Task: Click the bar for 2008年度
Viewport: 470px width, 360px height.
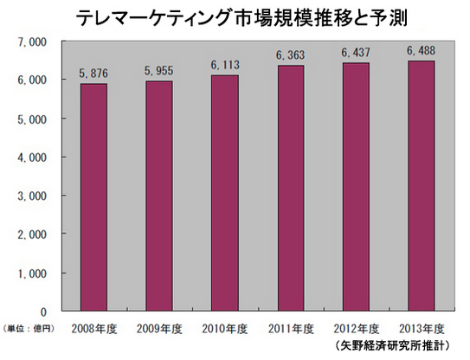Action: point(93,197)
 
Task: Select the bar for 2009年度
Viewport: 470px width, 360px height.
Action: point(159,196)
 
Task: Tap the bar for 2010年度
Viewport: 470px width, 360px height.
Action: point(225,193)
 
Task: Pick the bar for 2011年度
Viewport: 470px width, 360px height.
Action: point(291,188)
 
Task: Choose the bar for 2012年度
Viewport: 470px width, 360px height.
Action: point(356,187)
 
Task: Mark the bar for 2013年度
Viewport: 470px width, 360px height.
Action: point(422,186)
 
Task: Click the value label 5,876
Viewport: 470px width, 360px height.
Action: point(93,74)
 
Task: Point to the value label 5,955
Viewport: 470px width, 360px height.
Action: point(159,71)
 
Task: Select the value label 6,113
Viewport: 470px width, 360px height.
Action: point(225,65)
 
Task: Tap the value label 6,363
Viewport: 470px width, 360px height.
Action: point(291,55)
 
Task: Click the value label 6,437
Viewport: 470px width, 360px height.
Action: point(356,53)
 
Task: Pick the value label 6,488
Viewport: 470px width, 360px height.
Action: point(422,51)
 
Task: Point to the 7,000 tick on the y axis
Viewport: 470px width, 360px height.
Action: point(33,42)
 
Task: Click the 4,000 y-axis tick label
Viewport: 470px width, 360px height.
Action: point(33,157)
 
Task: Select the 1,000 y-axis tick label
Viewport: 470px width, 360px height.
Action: point(33,273)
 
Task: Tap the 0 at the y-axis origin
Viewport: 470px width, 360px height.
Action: point(44,312)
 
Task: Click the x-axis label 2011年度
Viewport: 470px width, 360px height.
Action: point(291,329)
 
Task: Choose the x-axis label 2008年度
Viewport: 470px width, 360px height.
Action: point(93,329)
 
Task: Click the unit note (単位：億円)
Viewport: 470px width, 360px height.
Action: point(29,329)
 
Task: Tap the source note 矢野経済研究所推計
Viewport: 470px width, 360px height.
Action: point(392,346)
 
